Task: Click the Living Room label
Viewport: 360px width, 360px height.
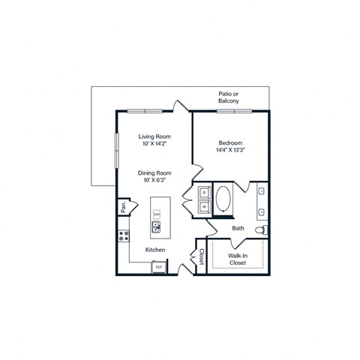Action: (155, 136)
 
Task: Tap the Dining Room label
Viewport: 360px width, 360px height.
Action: (155, 172)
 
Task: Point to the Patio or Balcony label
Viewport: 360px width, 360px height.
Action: (229, 97)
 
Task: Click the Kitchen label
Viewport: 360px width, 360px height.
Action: (155, 250)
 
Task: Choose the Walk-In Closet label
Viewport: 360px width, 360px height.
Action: (238, 259)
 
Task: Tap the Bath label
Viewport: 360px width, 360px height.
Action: (238, 228)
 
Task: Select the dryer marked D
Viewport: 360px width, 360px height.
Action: (204, 192)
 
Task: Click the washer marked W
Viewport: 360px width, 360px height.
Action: (204, 206)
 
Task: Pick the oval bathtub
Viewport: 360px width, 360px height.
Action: (223, 200)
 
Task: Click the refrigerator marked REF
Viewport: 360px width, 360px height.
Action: (159, 265)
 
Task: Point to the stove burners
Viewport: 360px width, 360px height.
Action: (123, 237)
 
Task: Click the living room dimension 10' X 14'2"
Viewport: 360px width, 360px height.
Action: (155, 144)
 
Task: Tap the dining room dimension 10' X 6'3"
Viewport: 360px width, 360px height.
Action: (155, 180)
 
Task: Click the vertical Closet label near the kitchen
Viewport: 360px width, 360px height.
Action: (201, 257)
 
